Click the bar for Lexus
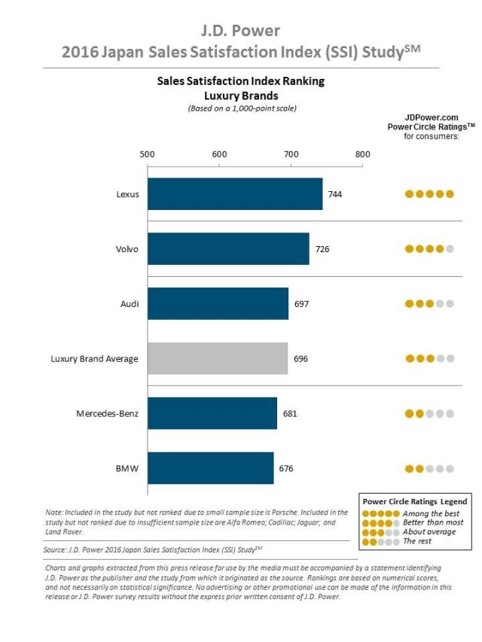pyautogui.click(x=235, y=194)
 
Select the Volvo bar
pyautogui.click(x=228, y=249)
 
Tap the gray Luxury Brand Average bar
pyautogui.click(x=218, y=359)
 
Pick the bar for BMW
pyautogui.click(x=211, y=468)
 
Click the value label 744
pyautogui.click(x=335, y=194)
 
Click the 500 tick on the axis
pyautogui.click(x=148, y=155)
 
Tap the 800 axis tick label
pyautogui.click(x=363, y=155)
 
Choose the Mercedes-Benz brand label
pyautogui.click(x=107, y=413)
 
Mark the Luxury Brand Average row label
pyautogui.click(x=94, y=359)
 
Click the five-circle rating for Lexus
pyautogui.click(x=429, y=194)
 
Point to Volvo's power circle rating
pyautogui.click(x=429, y=249)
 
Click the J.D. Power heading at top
pyautogui.click(x=241, y=31)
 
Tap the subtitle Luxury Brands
pyautogui.click(x=241, y=96)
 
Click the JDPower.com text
pyautogui.click(x=432, y=117)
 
